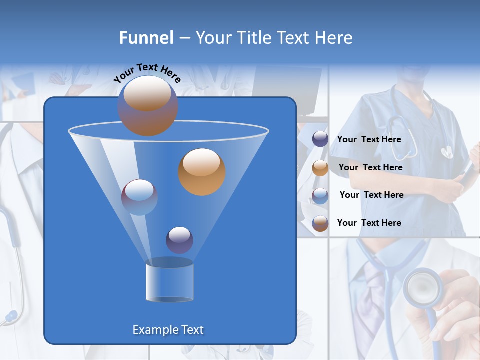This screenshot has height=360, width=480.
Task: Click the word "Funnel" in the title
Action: point(146,38)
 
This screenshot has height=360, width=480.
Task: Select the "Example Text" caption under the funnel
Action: point(168,330)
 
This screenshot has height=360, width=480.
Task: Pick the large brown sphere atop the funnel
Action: point(147,106)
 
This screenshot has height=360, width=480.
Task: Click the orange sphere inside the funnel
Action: point(202,172)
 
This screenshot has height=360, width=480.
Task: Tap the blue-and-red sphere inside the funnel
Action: point(139,197)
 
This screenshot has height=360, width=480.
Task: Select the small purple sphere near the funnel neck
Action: point(179,240)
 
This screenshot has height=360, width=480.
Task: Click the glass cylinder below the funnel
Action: point(169,281)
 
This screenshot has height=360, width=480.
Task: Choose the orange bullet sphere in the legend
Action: point(320,168)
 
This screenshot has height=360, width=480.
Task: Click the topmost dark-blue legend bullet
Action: point(320,140)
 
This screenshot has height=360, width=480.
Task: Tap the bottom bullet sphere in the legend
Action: point(320,223)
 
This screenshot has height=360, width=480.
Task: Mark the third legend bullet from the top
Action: point(320,195)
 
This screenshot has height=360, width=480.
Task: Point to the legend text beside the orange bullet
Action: point(370,167)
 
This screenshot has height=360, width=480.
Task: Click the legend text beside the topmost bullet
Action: point(369,140)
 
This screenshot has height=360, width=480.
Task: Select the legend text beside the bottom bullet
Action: point(369,223)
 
